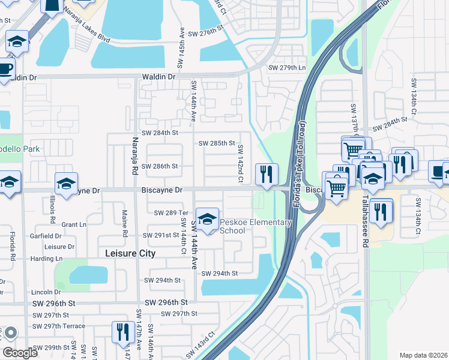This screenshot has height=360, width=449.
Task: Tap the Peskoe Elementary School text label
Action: tap(256, 226)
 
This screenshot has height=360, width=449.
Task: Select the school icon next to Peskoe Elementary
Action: tap(207, 219)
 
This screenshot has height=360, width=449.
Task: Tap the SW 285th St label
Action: tap(217, 143)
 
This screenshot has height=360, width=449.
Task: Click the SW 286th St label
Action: tap(160, 166)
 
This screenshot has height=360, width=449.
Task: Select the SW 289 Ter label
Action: tap(172, 212)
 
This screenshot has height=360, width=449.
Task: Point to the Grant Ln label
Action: tap(74, 225)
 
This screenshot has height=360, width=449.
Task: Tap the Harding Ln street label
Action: tap(47, 259)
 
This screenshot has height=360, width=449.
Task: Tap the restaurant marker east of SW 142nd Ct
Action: tap(265, 174)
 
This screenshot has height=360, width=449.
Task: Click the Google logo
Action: tap(20, 353)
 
